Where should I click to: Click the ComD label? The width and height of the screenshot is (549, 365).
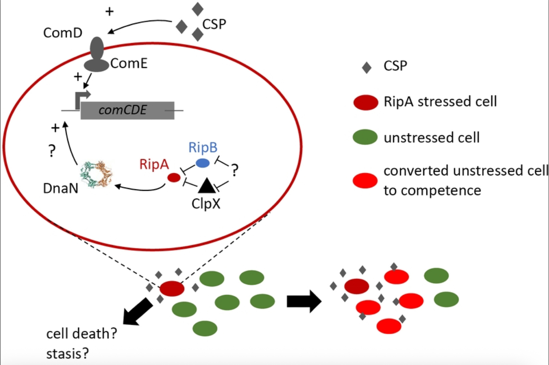click(x=63, y=33)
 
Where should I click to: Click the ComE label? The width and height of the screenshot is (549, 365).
click(x=129, y=63)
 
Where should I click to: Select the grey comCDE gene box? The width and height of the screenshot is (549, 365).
click(x=127, y=110)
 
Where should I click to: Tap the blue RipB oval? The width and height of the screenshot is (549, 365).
click(x=203, y=163)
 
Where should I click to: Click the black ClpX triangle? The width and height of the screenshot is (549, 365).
click(x=207, y=186)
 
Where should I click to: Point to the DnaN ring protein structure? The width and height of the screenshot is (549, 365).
click(x=96, y=174)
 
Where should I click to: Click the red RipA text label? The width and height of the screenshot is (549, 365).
click(x=154, y=164)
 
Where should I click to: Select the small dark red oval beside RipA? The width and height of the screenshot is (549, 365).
click(x=174, y=178)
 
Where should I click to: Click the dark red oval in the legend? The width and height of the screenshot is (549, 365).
click(x=365, y=102)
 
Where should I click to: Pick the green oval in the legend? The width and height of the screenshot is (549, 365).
click(x=365, y=137)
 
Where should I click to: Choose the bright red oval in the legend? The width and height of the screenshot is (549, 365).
click(x=365, y=180)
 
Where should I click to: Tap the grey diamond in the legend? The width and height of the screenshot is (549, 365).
click(x=366, y=68)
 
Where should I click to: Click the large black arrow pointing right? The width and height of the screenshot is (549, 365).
click(x=304, y=301)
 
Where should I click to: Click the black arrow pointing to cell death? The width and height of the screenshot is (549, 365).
click(x=137, y=312)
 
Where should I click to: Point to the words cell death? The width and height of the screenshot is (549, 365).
click(x=82, y=334)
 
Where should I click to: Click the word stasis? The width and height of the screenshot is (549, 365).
click(x=68, y=353)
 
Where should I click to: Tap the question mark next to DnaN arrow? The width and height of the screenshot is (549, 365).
click(x=52, y=151)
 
